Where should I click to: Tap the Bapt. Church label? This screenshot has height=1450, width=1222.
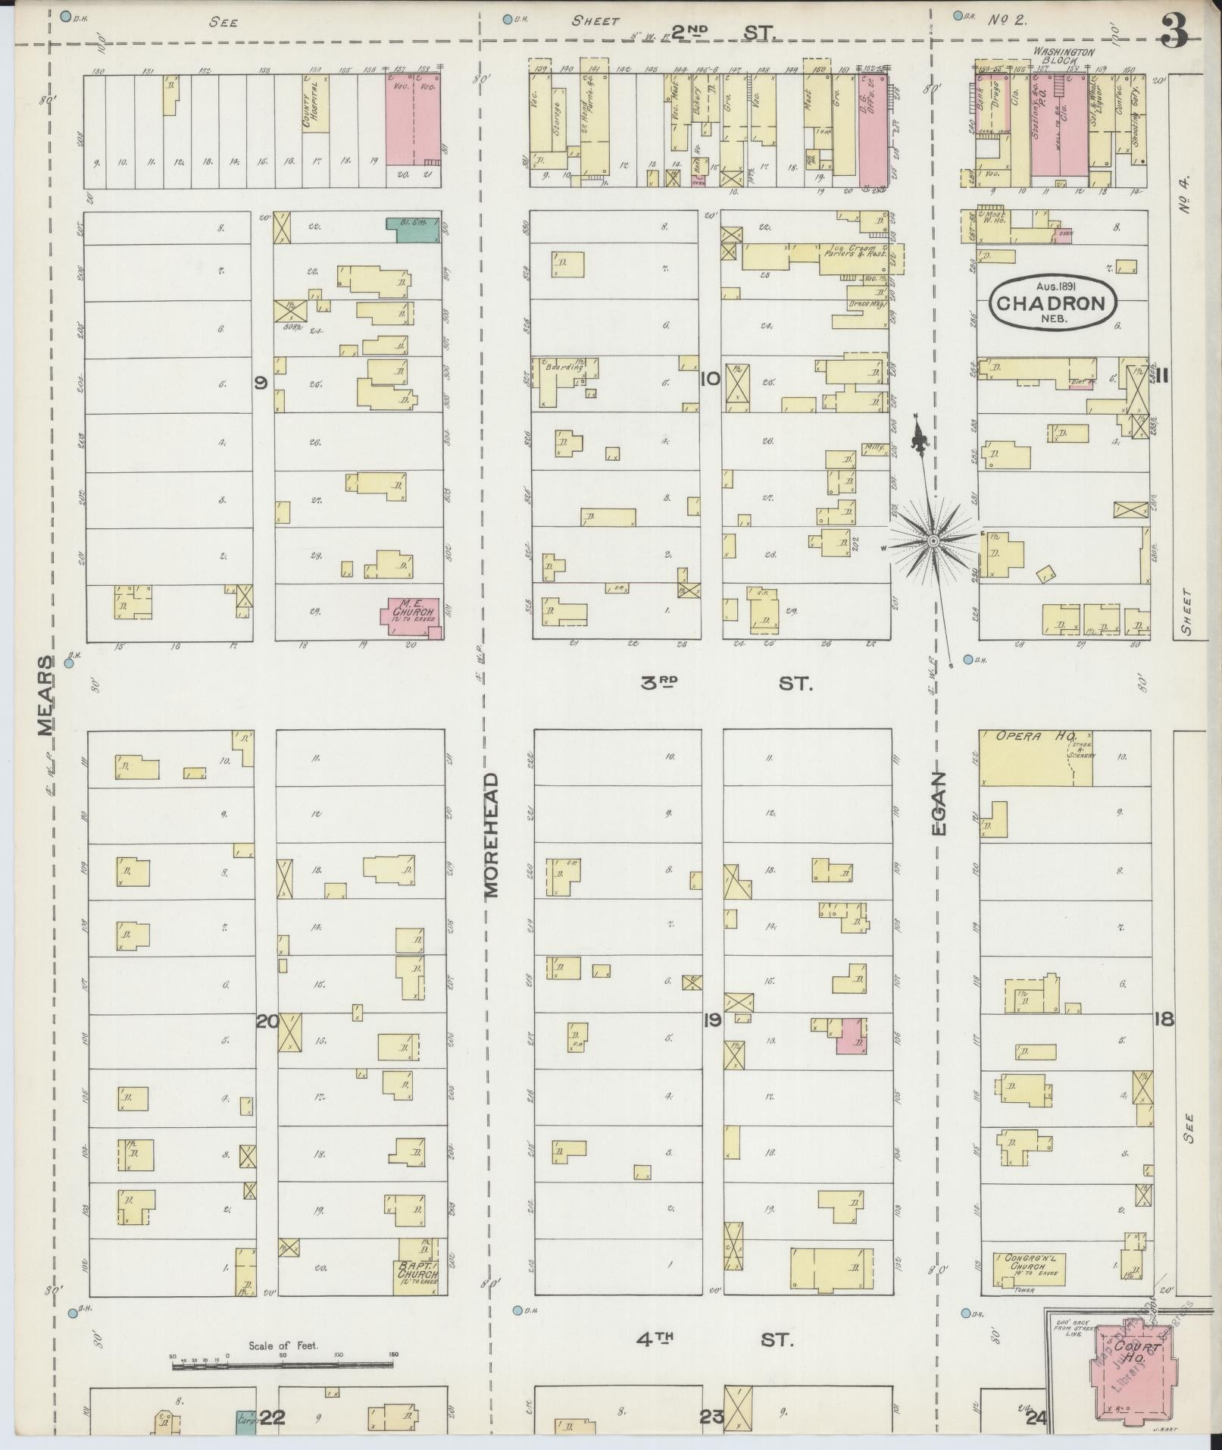[x=416, y=1270]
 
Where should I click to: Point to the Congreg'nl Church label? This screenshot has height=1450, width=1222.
[x=1027, y=1261]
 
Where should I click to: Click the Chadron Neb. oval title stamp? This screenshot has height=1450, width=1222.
[x=1054, y=303]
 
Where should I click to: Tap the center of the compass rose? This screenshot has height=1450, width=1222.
[x=934, y=540]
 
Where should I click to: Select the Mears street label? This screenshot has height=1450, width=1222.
[x=46, y=696]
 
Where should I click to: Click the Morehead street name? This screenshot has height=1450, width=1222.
[x=492, y=835]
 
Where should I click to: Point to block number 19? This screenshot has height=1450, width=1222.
[x=711, y=1021]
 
